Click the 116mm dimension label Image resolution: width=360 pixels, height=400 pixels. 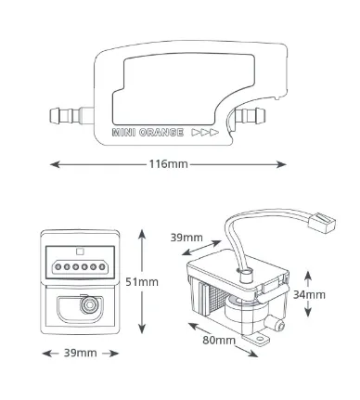tap(169, 164)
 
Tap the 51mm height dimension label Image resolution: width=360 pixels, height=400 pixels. tap(142, 282)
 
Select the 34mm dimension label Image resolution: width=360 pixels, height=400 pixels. tap(309, 295)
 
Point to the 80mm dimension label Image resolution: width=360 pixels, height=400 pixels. tap(219, 341)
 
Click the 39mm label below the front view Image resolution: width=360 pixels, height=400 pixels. tap(81, 353)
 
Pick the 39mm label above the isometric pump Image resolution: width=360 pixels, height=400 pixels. tap(186, 238)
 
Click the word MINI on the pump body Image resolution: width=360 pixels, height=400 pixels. tap(123, 133)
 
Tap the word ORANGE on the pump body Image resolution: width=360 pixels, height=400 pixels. tap(161, 133)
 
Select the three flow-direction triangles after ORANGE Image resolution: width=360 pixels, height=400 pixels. tap(205, 133)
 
